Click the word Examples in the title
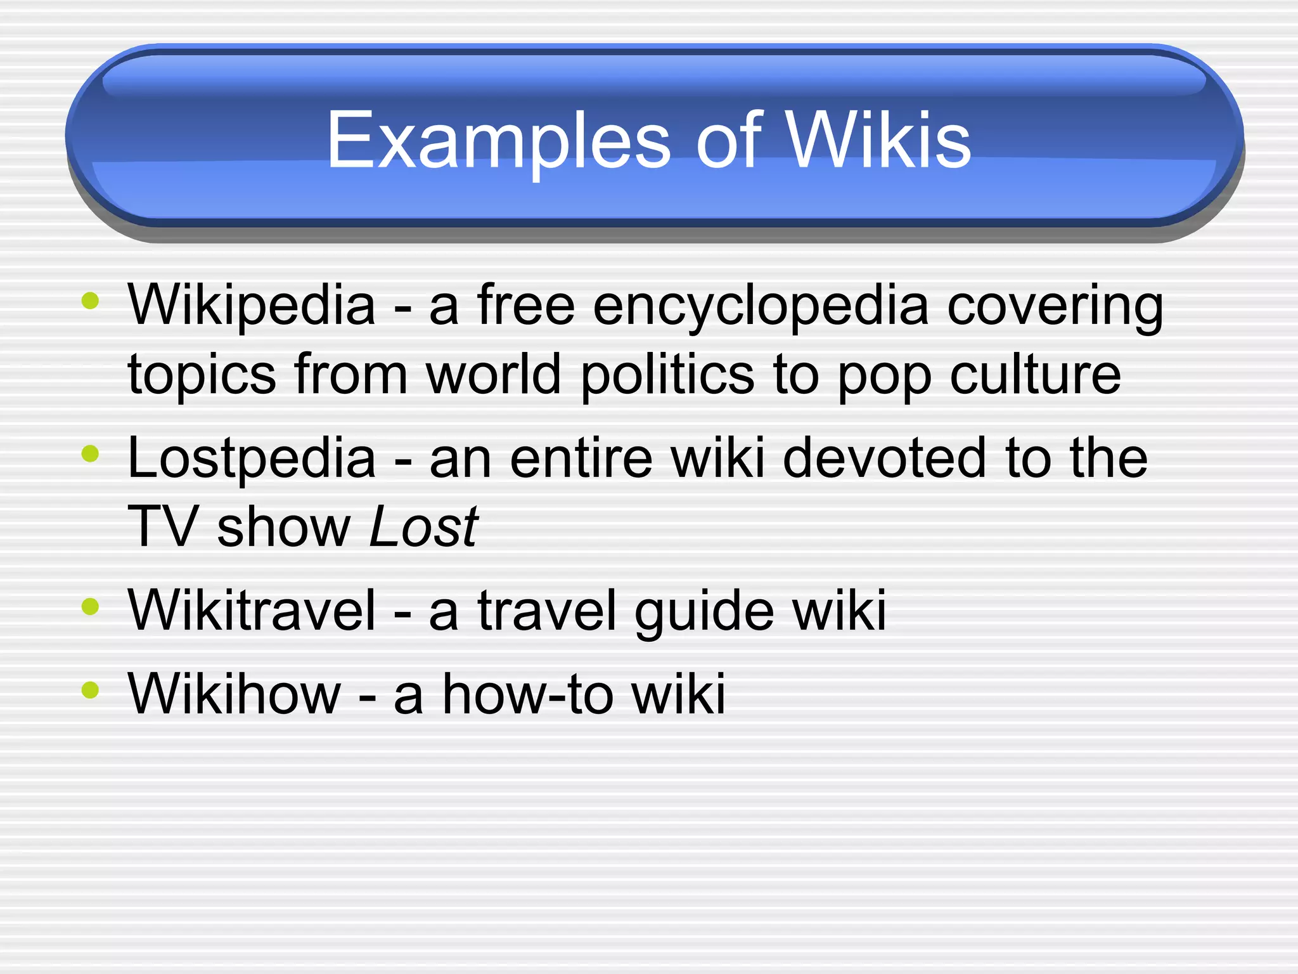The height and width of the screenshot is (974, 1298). (x=498, y=141)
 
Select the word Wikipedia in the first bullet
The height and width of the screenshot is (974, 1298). (x=252, y=306)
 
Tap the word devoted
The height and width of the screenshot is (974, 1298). (x=885, y=458)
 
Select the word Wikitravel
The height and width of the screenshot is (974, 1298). (x=252, y=610)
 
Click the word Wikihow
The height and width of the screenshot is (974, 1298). (x=235, y=694)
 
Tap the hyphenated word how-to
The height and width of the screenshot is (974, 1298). (x=528, y=694)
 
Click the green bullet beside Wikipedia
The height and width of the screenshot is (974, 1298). (x=91, y=301)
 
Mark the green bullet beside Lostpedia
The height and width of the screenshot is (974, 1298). (x=91, y=453)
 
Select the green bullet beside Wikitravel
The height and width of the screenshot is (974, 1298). (x=91, y=606)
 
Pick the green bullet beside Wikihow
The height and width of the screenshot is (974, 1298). (x=91, y=689)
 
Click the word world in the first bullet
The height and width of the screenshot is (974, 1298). (x=494, y=374)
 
